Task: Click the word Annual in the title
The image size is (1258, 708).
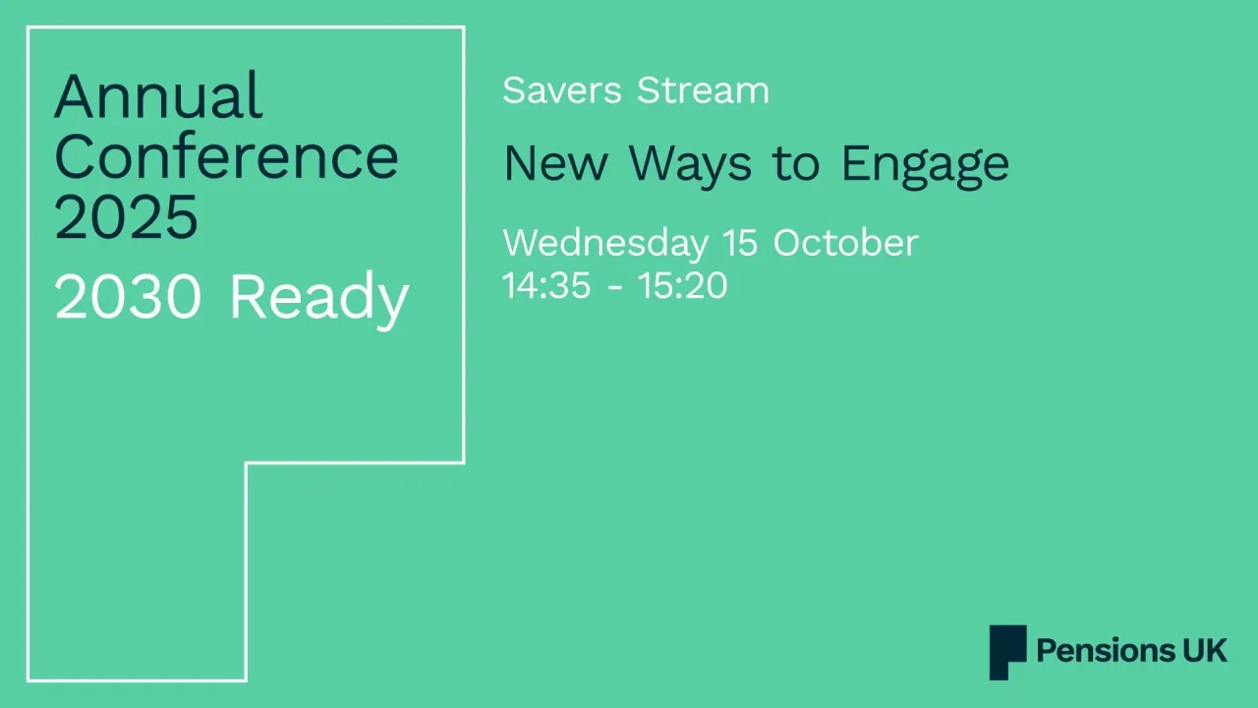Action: pyautogui.click(x=158, y=96)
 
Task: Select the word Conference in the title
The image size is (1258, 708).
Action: pyautogui.click(x=226, y=157)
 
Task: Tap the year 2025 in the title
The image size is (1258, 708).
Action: pyautogui.click(x=126, y=217)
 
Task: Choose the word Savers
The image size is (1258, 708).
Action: pyautogui.click(x=562, y=90)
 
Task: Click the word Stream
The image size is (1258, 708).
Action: pyautogui.click(x=703, y=90)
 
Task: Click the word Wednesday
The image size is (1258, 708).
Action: pyautogui.click(x=604, y=244)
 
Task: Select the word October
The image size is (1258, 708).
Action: pyautogui.click(x=845, y=244)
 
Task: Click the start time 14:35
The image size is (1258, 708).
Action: pyautogui.click(x=546, y=286)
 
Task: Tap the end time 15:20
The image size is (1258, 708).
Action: pyautogui.click(x=682, y=286)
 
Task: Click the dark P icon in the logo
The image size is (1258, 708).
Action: pyautogui.click(x=1006, y=651)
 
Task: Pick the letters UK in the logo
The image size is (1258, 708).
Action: pyautogui.click(x=1206, y=651)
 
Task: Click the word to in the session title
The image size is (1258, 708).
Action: pyautogui.click(x=795, y=164)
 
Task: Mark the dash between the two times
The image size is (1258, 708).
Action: pyautogui.click(x=614, y=288)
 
